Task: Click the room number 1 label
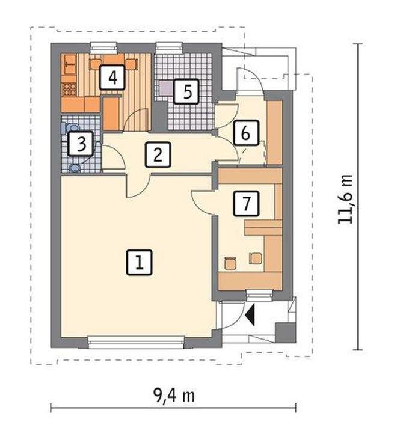pyautogui.click(x=139, y=262)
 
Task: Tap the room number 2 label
pyautogui.click(x=158, y=154)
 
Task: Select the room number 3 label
pyautogui.click(x=81, y=144)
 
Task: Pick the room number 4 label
pyautogui.click(x=112, y=77)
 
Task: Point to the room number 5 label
pyautogui.click(x=186, y=91)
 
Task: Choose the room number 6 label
pyautogui.click(x=246, y=133)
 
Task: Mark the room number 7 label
pyautogui.click(x=246, y=203)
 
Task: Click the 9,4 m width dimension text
pyautogui.click(x=174, y=395)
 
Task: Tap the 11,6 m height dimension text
pyautogui.click(x=345, y=200)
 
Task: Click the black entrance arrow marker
pyautogui.click(x=250, y=314)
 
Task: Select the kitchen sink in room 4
pyautogui.click(x=70, y=64)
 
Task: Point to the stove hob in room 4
pyautogui.click(x=69, y=90)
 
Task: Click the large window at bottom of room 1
pyautogui.click(x=136, y=342)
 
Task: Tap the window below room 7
pyautogui.click(x=260, y=295)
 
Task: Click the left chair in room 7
pyautogui.click(x=230, y=263)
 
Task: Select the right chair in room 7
pyautogui.click(x=255, y=258)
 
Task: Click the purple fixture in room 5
pyautogui.click(x=167, y=88)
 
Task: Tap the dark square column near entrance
pyautogui.click(x=285, y=332)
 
